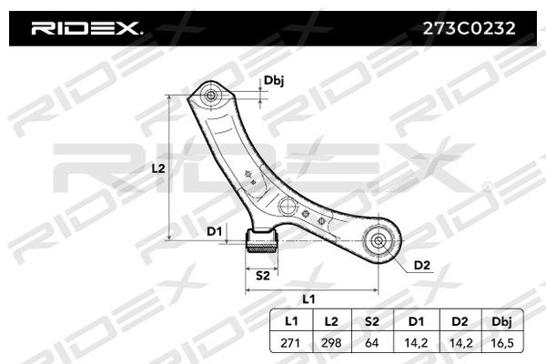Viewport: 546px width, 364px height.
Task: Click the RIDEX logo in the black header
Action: tap(86, 28)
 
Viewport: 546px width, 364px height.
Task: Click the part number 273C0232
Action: tap(469, 28)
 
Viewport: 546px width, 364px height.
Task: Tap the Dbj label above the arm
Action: tap(274, 80)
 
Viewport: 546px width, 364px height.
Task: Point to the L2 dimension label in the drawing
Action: tap(158, 168)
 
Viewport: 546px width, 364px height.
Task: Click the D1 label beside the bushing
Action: tap(214, 231)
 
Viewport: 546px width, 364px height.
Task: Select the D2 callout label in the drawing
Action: tap(421, 266)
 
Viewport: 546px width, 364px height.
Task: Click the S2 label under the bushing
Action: tap(263, 276)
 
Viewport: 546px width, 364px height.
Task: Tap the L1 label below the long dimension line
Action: tap(308, 298)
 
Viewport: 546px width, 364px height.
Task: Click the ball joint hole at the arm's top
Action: tap(211, 95)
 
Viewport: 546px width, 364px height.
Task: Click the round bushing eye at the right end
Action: tap(379, 240)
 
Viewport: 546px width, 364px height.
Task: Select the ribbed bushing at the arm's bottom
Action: tap(262, 241)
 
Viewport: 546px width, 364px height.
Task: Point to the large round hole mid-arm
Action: tap(288, 207)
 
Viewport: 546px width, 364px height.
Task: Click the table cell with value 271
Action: tap(290, 343)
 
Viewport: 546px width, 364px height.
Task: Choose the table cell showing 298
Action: tap(331, 343)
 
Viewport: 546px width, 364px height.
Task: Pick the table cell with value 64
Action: tap(371, 343)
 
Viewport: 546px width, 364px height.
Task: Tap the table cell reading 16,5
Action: tap(501, 343)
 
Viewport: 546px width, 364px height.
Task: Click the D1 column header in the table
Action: tap(416, 321)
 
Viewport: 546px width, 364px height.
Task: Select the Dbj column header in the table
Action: tap(501, 321)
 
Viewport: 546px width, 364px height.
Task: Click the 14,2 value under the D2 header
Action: tap(460, 343)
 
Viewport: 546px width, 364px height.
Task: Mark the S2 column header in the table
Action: tap(371, 321)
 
